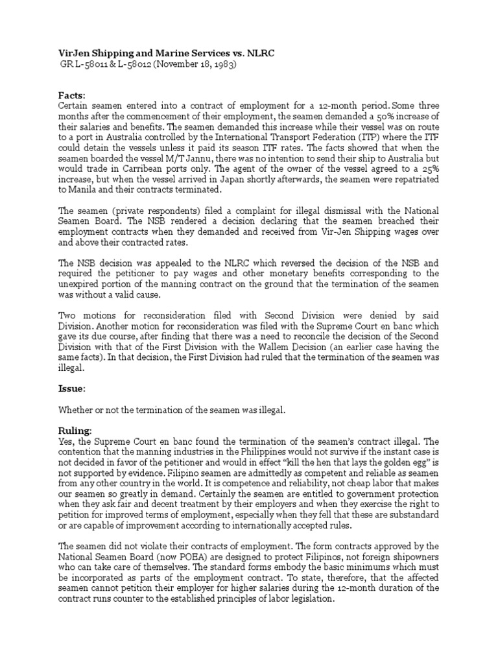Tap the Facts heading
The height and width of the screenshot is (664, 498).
pos(72,95)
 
